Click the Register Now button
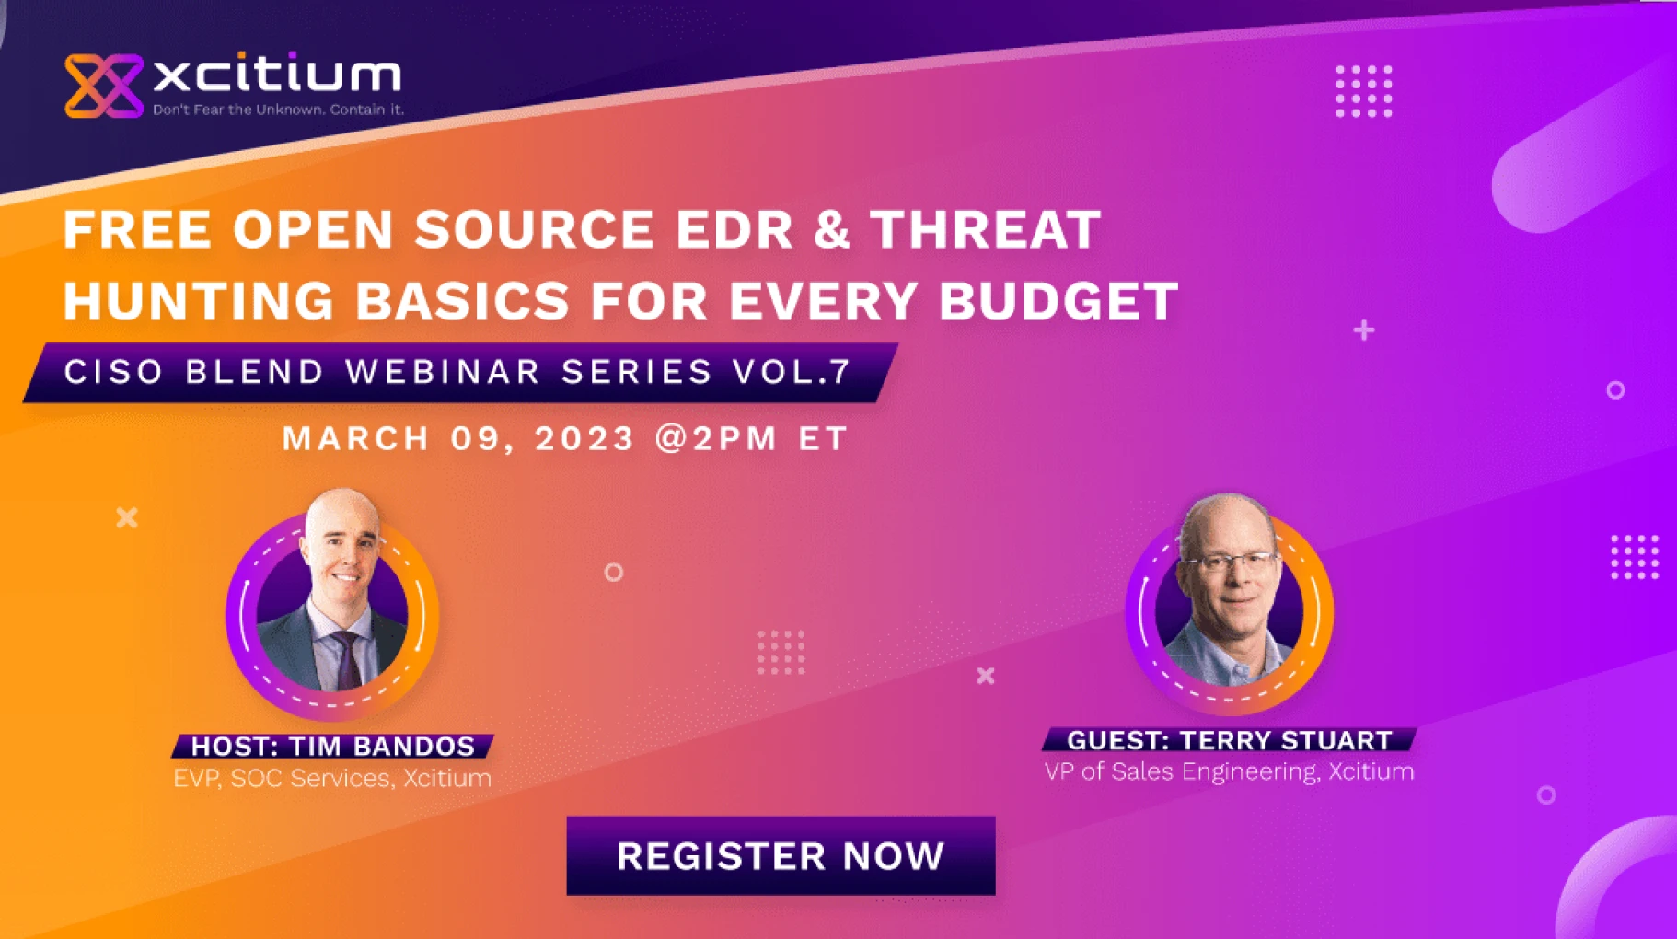[x=781, y=855]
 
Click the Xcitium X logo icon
[x=103, y=86]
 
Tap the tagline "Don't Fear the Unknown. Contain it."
[x=278, y=110]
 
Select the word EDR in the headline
[x=734, y=229]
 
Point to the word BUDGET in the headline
[x=1058, y=301]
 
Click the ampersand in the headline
[x=831, y=229]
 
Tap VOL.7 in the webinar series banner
[x=792, y=372]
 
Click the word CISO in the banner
[x=113, y=372]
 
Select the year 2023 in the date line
[x=584, y=438]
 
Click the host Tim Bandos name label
[x=333, y=746]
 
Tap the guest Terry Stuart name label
[x=1229, y=740]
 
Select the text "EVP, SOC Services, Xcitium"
[x=332, y=778]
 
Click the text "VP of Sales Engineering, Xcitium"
[x=1229, y=771]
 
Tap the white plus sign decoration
[x=1364, y=330]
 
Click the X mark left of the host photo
[x=127, y=517]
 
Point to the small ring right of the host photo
[x=613, y=573]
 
